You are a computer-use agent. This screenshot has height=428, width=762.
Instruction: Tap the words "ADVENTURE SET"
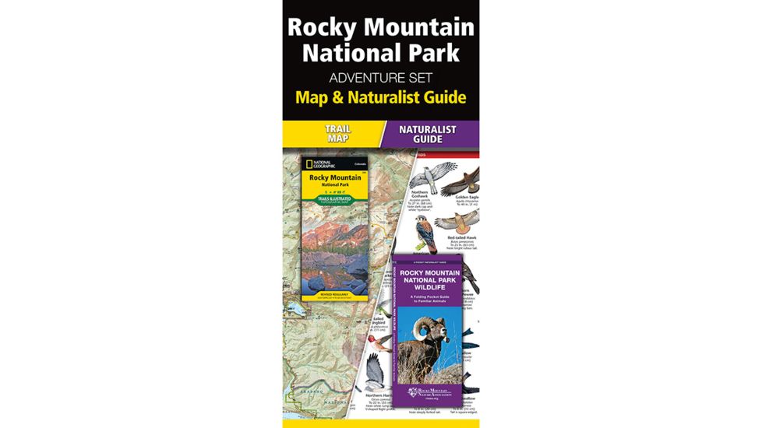click(381, 77)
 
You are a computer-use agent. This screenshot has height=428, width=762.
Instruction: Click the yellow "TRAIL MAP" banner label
click(337, 133)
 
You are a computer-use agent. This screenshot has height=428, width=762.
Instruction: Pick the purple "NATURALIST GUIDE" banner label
click(428, 133)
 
